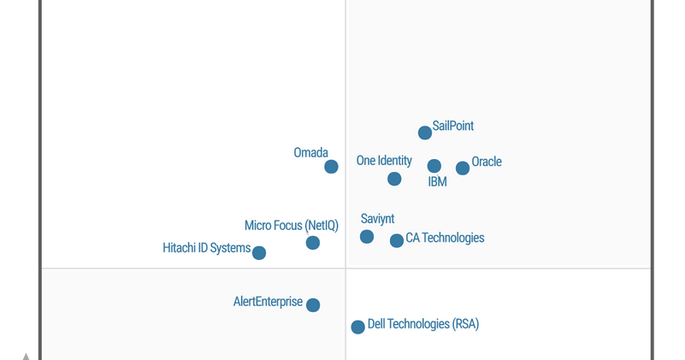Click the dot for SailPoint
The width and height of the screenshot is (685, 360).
point(425,133)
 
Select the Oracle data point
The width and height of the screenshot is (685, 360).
point(463,168)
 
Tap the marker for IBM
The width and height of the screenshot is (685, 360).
point(434,166)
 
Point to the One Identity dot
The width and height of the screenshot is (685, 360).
point(394,179)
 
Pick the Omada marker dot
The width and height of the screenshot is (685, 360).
point(331,167)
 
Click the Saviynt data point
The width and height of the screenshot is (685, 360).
point(367,237)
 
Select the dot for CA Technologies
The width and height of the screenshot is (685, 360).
point(397,241)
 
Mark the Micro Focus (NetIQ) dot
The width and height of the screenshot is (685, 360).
point(313,243)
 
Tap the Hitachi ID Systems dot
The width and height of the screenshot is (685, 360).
point(259,253)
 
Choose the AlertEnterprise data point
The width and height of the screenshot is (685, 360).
point(313,305)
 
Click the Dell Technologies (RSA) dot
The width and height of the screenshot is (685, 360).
point(358,327)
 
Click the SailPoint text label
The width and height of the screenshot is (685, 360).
point(452,126)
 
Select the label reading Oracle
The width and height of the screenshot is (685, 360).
point(487,162)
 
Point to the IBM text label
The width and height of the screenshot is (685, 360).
point(437,182)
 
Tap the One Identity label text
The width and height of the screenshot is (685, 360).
point(384,161)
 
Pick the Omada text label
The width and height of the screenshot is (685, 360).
point(310,153)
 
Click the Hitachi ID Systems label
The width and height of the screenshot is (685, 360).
point(206,248)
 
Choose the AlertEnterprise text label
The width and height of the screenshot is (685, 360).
point(268,302)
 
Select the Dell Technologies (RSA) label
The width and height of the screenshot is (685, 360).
point(423,324)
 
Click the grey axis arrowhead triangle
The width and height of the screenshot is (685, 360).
point(27,356)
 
